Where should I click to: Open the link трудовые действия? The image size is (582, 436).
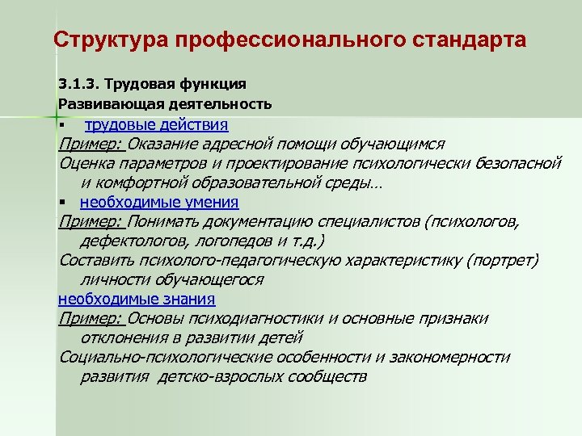point(157,124)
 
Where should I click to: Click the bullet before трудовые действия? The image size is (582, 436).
point(61,126)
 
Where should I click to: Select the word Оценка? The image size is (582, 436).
point(86,163)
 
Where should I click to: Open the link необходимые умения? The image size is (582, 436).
point(159,203)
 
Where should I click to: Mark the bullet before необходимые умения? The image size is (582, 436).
point(61,203)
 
